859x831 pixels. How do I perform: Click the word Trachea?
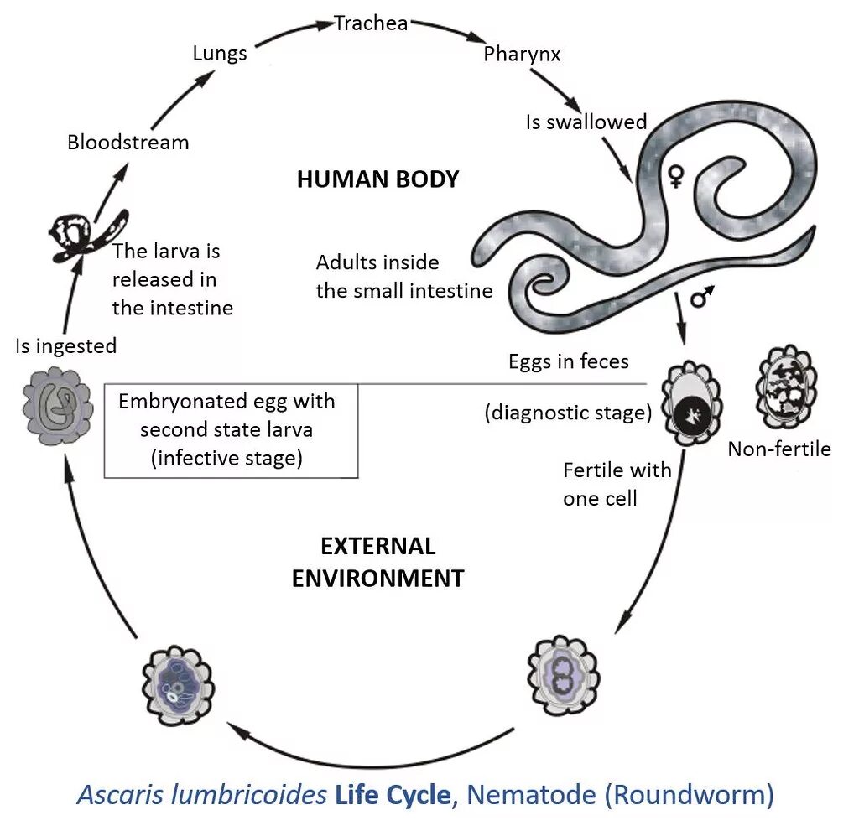coord(371,23)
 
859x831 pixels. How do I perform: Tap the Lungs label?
coord(220,54)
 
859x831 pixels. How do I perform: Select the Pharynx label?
coord(522,55)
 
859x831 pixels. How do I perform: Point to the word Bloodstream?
coord(128,142)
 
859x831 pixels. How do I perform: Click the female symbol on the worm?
coord(674,175)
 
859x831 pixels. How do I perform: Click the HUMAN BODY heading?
coord(377,179)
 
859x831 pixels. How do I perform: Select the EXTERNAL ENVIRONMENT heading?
coord(377,563)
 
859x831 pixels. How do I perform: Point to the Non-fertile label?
coord(778,449)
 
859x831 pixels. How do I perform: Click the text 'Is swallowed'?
coord(586,122)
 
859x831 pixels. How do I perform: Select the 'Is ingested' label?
coord(65,345)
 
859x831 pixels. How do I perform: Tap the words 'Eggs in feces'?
coord(568,361)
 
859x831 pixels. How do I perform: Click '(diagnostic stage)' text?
coord(568,413)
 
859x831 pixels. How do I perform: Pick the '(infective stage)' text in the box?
coord(226,458)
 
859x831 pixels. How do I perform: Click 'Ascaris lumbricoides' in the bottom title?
coord(201,794)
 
